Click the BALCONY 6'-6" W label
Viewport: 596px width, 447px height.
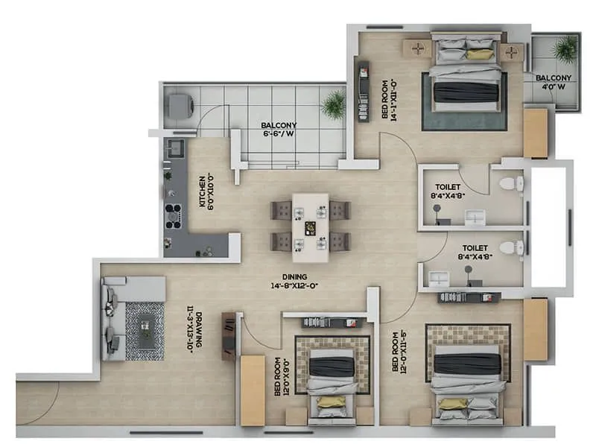click(x=279, y=130)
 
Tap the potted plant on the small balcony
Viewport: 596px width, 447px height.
click(x=565, y=49)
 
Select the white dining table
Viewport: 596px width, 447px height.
click(x=310, y=227)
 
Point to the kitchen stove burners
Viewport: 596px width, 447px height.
click(x=173, y=215)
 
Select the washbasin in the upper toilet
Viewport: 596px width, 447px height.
click(x=475, y=217)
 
